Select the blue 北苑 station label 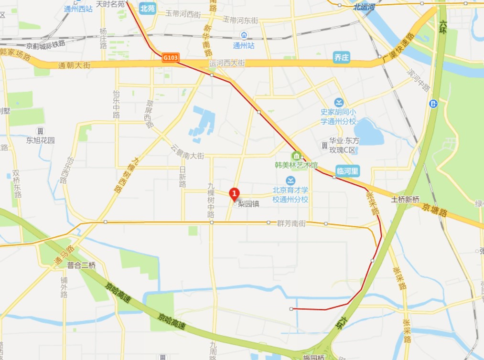point(148,8)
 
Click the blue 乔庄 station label point(342,58)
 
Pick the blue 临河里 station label point(347,171)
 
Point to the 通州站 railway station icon point(244,35)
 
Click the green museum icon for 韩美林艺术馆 point(296,156)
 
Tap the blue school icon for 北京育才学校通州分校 point(290,180)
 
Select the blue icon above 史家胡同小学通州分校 point(339,102)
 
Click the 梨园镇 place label point(248,203)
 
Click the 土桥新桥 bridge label point(405,199)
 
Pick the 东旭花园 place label point(41,140)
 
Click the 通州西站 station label point(78,8)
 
